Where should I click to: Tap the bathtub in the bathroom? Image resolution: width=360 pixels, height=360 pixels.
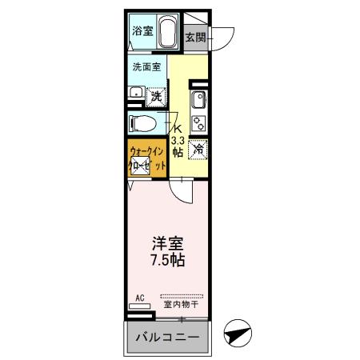click(x=168, y=33)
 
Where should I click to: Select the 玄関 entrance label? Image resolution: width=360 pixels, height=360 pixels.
click(x=195, y=37)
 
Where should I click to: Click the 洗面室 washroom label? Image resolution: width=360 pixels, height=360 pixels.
click(x=146, y=67)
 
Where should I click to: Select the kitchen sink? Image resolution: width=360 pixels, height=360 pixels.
click(x=197, y=102)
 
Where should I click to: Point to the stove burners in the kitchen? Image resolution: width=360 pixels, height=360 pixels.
click(x=197, y=123)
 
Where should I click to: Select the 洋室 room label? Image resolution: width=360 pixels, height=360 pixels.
click(x=168, y=243)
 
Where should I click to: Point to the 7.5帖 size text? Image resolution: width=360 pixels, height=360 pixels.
click(x=168, y=261)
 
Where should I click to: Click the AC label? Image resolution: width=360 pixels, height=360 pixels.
click(x=139, y=298)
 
